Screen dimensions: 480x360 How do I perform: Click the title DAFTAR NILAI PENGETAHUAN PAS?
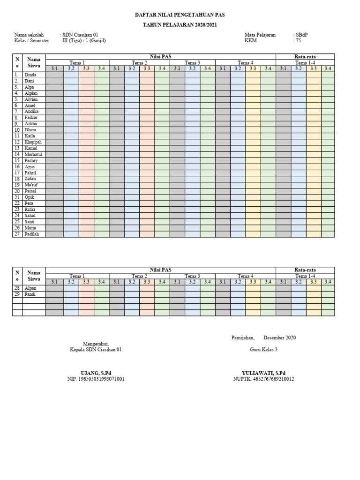coord(180,15)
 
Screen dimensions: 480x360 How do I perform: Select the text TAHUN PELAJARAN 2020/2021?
coord(180,25)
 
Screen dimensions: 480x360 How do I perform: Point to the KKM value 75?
coord(298,41)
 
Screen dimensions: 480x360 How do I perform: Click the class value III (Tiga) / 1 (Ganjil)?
coord(85,41)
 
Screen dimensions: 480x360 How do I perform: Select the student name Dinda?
coord(30,75)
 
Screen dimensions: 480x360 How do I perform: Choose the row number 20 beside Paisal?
coord(17,191)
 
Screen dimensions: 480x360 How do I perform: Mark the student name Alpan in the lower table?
coord(30,288)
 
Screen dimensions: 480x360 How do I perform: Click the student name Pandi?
coord(30,294)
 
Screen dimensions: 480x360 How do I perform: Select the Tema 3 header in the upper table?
coord(192,63)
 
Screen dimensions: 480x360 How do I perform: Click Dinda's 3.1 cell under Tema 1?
coord(54,75)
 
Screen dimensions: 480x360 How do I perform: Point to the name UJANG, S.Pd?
coord(97,373)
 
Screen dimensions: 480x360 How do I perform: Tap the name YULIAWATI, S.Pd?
coord(263,373)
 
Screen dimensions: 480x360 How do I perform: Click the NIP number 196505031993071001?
coord(97,379)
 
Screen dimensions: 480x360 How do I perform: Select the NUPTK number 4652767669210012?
coord(263,379)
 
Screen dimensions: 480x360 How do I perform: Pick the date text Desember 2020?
coord(279,337)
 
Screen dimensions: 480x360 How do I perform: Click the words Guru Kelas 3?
coord(263,350)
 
